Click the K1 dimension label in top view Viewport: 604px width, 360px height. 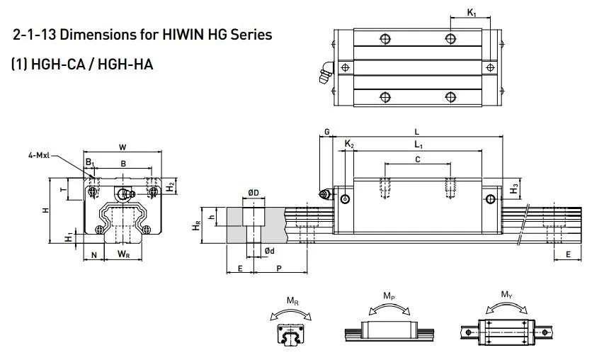click(472, 12)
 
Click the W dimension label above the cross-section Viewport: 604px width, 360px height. click(122, 147)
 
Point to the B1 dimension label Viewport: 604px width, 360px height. click(90, 164)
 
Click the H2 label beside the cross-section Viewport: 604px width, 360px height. click(171, 187)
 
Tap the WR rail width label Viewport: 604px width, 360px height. click(123, 253)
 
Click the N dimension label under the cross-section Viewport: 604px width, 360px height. click(94, 253)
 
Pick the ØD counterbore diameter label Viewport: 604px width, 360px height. click(253, 192)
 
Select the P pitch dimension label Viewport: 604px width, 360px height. click(280, 268)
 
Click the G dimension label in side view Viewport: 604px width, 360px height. click(326, 132)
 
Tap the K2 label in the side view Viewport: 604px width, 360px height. click(349, 145)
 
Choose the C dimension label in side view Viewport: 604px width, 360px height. click(417, 159)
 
